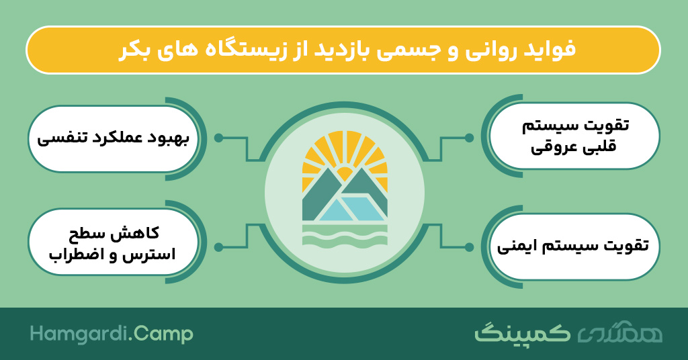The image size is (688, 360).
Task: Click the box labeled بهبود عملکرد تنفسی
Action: click(x=113, y=138)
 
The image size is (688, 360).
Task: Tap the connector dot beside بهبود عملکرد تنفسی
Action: click(x=218, y=138)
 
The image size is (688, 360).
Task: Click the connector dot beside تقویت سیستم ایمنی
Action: click(x=469, y=247)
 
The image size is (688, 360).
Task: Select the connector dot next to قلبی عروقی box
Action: click(x=469, y=138)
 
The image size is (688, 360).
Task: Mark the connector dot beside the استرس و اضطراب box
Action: click(x=218, y=247)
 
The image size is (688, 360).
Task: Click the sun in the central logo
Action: click(x=345, y=172)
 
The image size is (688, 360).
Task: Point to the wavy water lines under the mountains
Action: click(x=345, y=237)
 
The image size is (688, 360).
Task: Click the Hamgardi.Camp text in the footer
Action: click(x=112, y=334)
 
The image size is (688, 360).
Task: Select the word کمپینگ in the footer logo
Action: click(x=522, y=333)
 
